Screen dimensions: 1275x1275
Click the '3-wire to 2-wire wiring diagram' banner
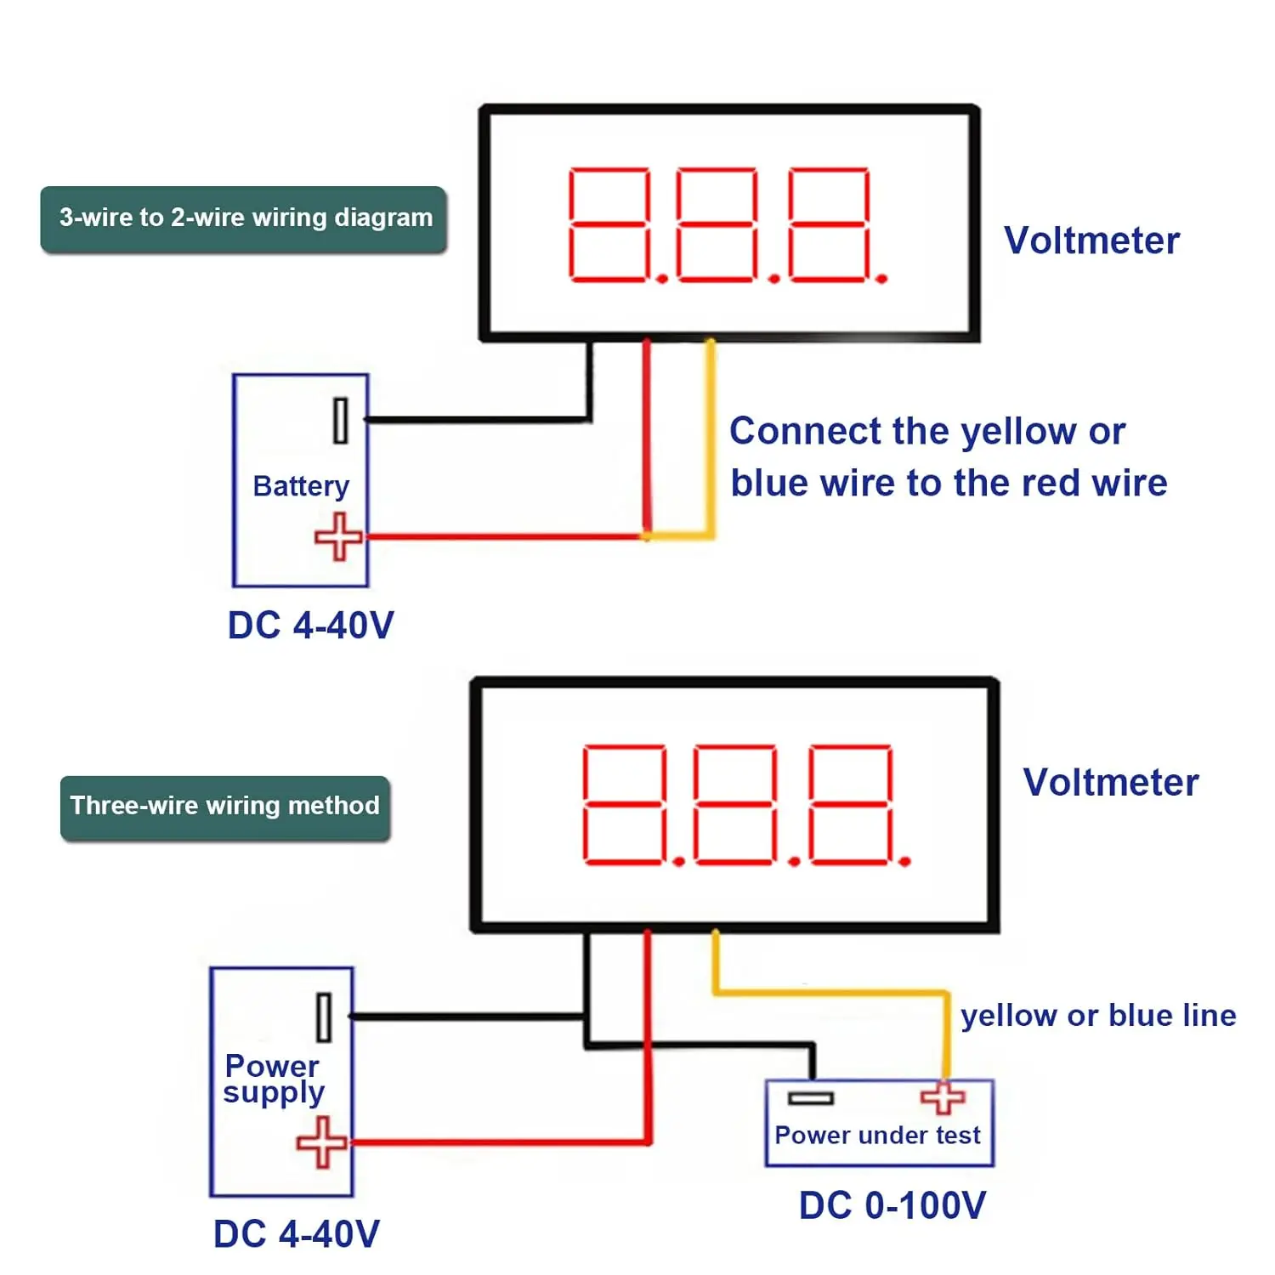[x=244, y=218]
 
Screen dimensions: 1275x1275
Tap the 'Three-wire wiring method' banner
[x=225, y=806]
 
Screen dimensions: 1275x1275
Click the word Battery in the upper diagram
[x=301, y=486]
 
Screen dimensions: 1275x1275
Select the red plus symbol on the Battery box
[x=338, y=536]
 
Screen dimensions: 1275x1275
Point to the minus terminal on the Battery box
[x=341, y=420]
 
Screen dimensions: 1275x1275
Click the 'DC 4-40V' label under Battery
[x=311, y=626]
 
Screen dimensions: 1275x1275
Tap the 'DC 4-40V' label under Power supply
[x=297, y=1234]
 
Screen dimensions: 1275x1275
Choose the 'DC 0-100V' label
[x=892, y=1205]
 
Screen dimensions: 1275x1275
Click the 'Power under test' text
[x=878, y=1136]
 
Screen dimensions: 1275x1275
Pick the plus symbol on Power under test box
[x=943, y=1097]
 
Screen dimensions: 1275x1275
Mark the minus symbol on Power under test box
[x=810, y=1098]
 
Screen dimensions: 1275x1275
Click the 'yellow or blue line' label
[x=1098, y=1016]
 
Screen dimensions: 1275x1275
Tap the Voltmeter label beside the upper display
[x=1092, y=241]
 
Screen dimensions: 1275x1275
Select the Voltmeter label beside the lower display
[x=1111, y=783]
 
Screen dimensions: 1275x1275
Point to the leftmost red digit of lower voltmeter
[x=624, y=804]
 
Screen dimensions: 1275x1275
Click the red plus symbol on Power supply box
[x=322, y=1142]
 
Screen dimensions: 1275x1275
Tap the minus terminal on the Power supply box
[x=324, y=1017]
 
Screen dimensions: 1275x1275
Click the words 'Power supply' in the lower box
[x=274, y=1079]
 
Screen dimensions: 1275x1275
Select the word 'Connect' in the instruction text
[x=793, y=432]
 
